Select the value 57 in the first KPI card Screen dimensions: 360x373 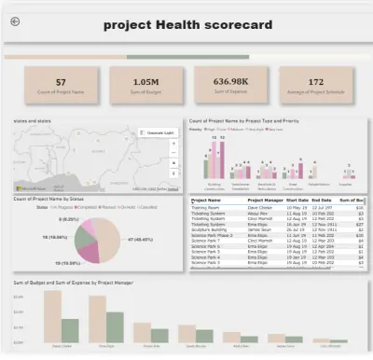[61, 82]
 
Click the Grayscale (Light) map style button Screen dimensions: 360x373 [159, 133]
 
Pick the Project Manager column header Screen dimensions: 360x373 [265, 200]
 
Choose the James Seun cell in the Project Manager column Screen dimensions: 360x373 [260, 228]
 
